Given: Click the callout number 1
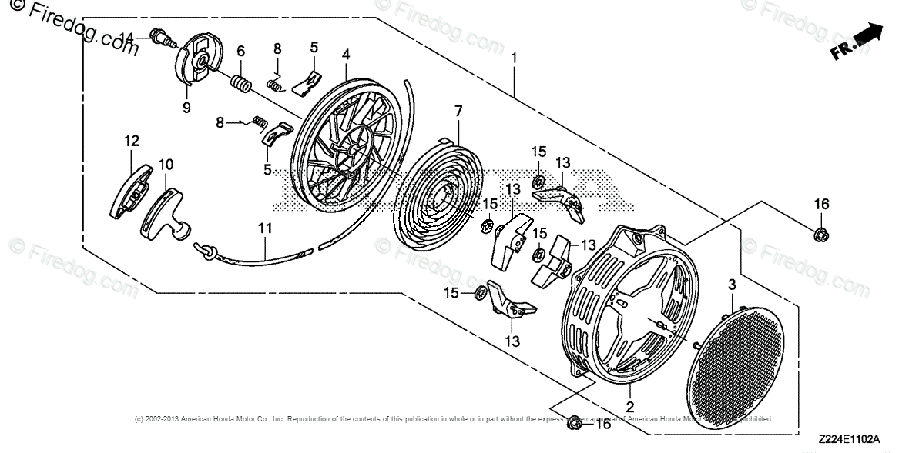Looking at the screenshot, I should (x=514, y=57).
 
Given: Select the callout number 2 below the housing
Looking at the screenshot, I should (x=629, y=407).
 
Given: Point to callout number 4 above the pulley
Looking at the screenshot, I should (x=347, y=55).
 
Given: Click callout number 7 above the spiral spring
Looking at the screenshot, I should (x=458, y=112).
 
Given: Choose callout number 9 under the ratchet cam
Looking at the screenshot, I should (x=186, y=108).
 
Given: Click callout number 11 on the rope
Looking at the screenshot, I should (x=265, y=228).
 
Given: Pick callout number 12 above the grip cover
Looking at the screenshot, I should (x=132, y=140).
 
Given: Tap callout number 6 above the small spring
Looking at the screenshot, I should (x=241, y=52).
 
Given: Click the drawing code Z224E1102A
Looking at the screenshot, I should (x=849, y=440).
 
